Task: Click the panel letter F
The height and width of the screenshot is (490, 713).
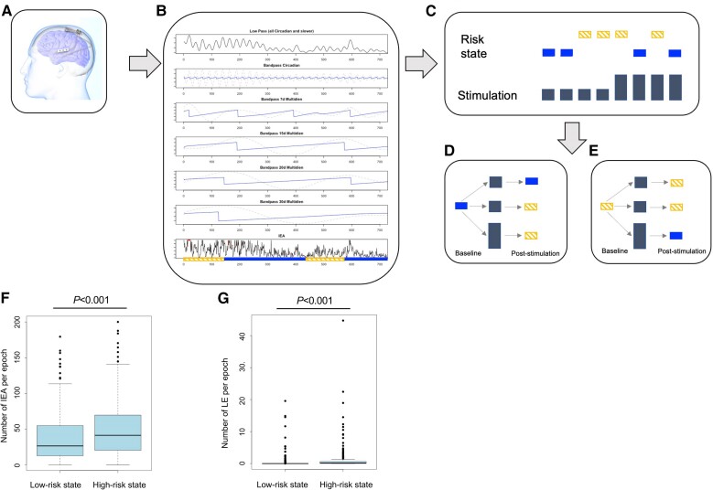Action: click(x=6, y=298)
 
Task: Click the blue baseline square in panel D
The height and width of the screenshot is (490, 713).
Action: click(x=461, y=208)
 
